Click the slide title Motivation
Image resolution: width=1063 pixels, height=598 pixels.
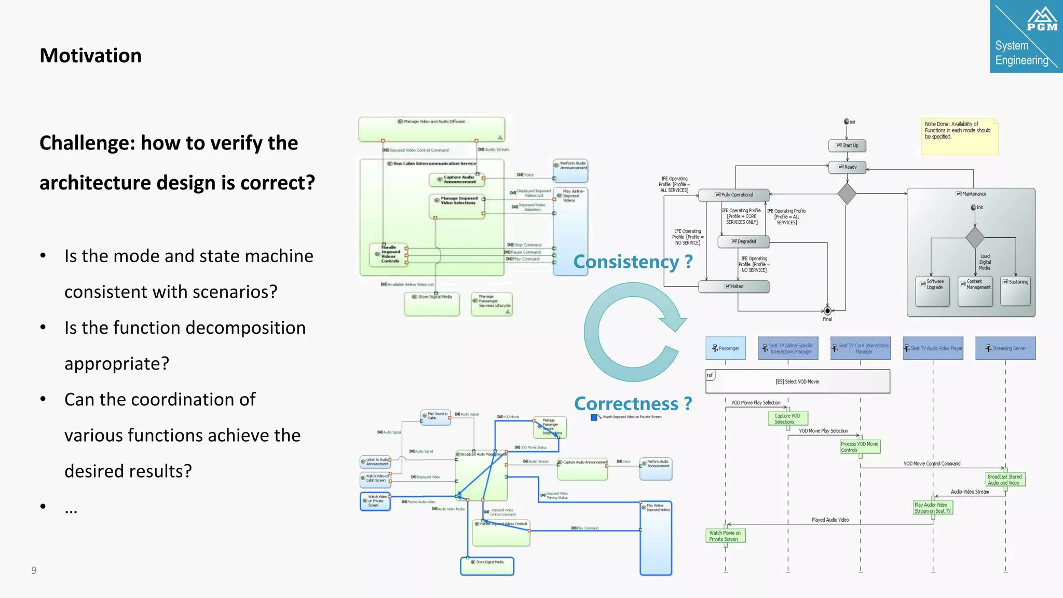[90, 56]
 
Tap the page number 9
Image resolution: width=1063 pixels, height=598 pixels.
[34, 570]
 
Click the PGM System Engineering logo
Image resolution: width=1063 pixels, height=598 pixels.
[1026, 36]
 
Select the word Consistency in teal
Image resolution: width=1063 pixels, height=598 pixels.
[626, 262]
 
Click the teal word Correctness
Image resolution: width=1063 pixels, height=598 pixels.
[626, 403]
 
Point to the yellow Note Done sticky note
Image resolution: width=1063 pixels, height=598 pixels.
[959, 137]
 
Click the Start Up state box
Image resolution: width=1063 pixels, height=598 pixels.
[847, 146]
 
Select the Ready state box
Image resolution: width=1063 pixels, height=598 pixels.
[847, 167]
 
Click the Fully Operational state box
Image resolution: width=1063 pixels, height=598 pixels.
[734, 195]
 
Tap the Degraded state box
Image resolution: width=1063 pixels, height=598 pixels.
[743, 242]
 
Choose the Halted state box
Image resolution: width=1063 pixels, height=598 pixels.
[734, 287]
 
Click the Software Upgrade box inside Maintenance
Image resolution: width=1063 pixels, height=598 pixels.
[933, 291]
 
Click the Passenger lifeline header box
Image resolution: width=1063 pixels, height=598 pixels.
[726, 348]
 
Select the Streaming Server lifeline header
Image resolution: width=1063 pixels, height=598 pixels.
[1005, 348]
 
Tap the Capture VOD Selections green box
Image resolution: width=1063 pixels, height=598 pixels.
[787, 418]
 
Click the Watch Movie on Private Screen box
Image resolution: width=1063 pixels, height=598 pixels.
[725, 536]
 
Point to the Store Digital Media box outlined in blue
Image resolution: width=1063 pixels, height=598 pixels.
[487, 566]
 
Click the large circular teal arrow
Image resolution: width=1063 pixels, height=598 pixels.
[631, 332]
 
